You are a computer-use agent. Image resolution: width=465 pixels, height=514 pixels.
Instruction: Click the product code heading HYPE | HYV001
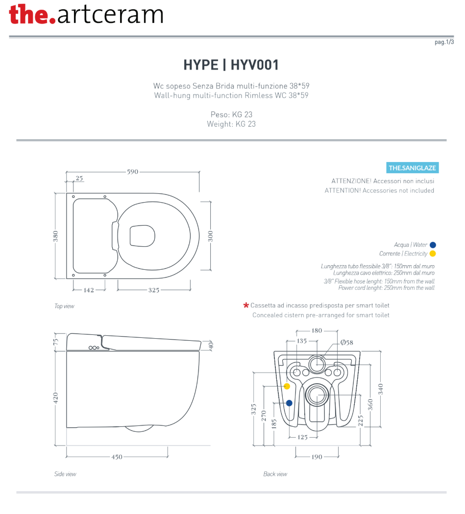pos(231,65)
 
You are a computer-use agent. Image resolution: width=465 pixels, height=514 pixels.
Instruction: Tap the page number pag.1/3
pos(444,43)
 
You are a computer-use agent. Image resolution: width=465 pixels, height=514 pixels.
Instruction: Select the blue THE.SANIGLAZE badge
pos(412,168)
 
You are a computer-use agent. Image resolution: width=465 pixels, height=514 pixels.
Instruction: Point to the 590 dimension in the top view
pos(133,172)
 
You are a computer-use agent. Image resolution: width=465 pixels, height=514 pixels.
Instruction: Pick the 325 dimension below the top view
pos(154,290)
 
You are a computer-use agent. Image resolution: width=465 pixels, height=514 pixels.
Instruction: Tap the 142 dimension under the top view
pos(89,290)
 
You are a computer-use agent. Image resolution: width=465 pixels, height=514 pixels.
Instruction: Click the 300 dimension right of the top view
pos(211,236)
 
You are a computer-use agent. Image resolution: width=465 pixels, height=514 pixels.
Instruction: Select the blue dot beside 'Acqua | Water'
pos(433,245)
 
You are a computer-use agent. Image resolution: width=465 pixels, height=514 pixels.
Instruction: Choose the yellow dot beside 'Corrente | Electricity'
pos(433,254)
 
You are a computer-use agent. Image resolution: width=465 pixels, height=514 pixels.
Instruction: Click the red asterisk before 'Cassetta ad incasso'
pos(246,305)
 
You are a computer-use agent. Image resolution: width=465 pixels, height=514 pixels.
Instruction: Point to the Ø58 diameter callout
pos(346,343)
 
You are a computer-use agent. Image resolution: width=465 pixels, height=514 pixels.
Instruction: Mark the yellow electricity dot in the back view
pos(287,386)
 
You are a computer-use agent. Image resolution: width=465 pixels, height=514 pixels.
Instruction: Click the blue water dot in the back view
pos(289,403)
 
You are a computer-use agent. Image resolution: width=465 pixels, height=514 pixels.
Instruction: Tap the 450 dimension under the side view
pos(117,457)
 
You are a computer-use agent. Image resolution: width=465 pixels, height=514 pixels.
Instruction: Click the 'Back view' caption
pos(275,474)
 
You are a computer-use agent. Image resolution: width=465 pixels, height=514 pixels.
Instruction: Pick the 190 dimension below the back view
pos(317,457)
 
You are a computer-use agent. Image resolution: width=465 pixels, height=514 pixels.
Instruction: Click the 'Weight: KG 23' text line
pos(231,124)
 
